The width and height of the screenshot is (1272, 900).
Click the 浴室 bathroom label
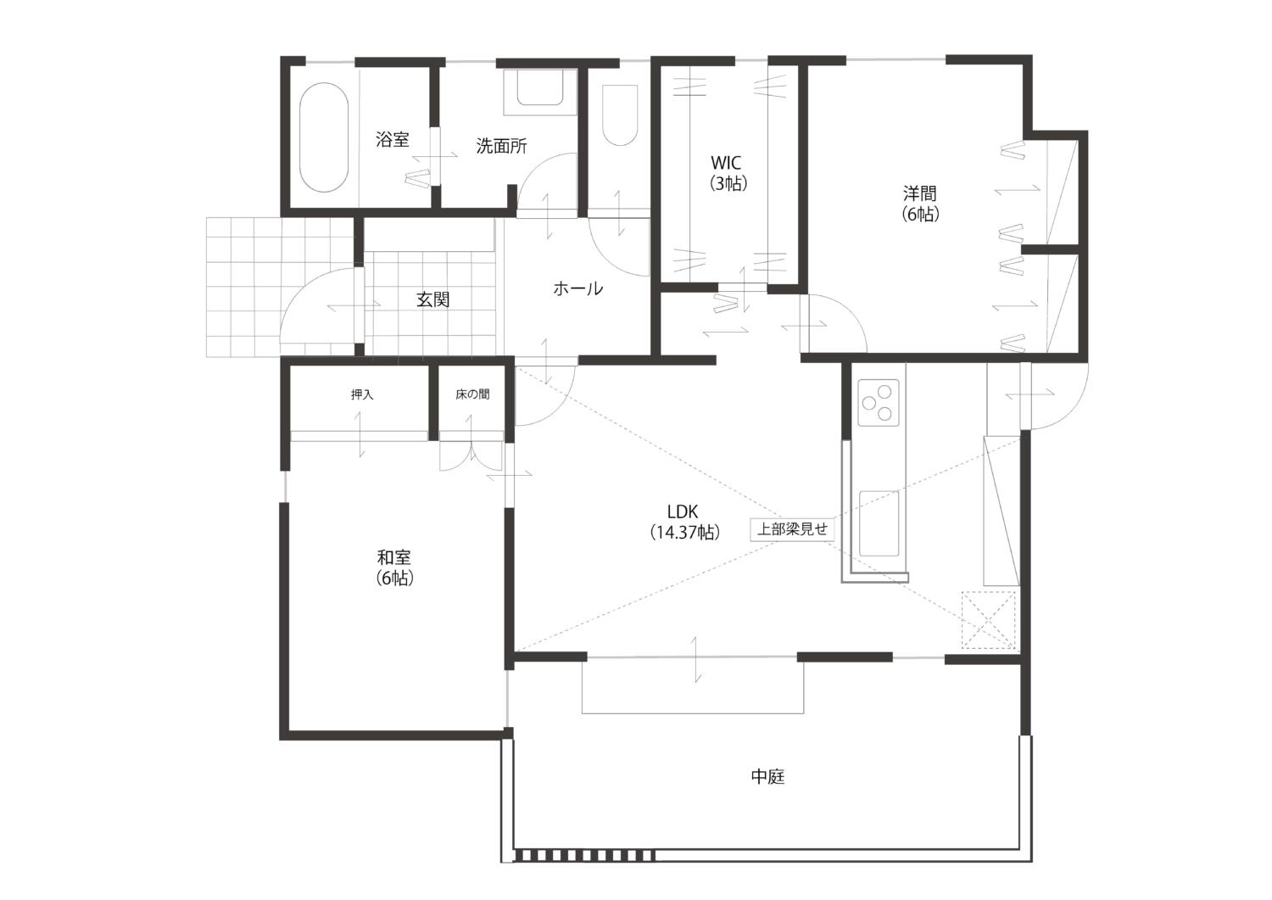393,139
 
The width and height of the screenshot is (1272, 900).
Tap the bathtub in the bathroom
324,138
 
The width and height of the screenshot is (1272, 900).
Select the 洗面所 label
501,146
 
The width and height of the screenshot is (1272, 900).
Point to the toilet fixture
620,115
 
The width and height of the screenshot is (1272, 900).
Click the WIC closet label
726,173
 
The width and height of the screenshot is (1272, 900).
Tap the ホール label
578,289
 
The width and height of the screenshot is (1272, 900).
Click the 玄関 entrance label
433,299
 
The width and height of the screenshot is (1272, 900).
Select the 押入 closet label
362,394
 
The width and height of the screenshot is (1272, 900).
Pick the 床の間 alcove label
472,394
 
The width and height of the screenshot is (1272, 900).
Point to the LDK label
683,512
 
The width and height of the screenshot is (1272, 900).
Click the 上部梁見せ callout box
792,529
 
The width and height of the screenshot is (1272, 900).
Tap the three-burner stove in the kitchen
879,403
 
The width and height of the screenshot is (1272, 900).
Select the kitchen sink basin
879,523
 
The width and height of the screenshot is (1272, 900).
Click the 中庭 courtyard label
767,777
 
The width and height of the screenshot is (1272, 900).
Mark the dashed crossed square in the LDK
989,620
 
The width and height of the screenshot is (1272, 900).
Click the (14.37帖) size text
685,533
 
